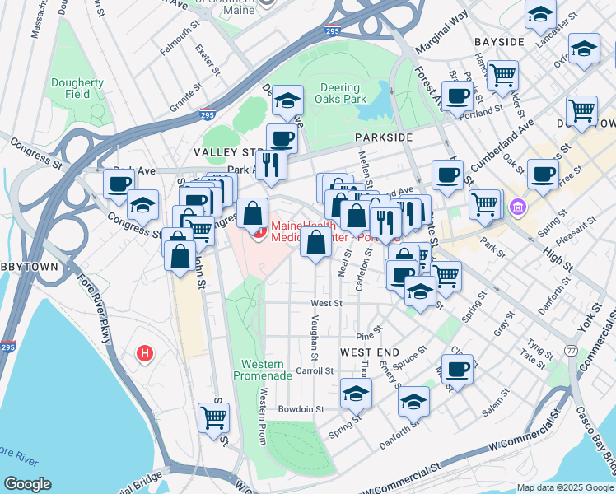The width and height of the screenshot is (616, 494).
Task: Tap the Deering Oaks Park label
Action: [338, 93]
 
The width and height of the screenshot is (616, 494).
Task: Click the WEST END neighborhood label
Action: [364, 352]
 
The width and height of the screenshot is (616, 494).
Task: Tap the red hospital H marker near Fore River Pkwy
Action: [145, 354]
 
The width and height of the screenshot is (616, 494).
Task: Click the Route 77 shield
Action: [571, 350]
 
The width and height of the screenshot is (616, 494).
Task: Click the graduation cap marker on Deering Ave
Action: [287, 100]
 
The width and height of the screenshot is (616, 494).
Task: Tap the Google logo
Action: [27, 484]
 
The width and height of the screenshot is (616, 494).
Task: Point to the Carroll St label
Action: [314, 370]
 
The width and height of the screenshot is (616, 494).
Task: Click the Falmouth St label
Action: [180, 39]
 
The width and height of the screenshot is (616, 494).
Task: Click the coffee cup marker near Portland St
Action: [459, 96]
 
